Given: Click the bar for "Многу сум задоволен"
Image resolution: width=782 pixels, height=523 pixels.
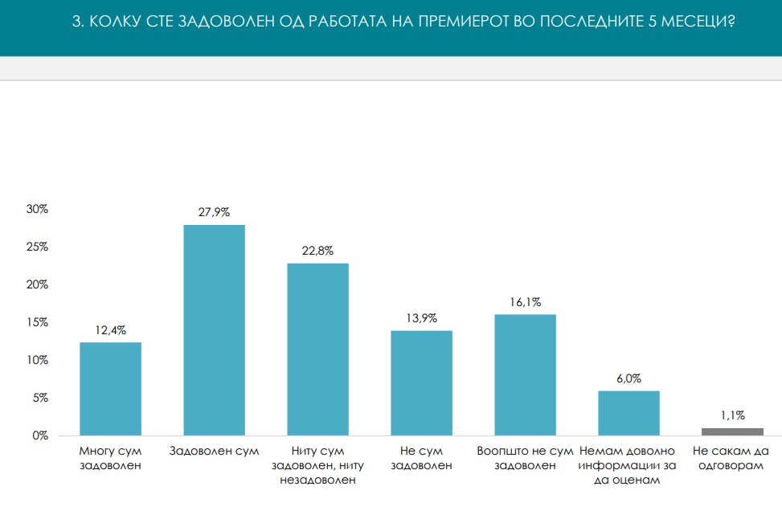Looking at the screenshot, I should click(x=111, y=389).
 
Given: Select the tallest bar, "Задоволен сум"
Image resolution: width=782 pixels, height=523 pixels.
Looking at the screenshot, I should click(x=215, y=330).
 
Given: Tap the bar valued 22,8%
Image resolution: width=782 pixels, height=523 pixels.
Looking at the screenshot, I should click(x=318, y=349).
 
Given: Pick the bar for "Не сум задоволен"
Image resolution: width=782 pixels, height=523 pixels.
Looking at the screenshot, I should click(x=422, y=383).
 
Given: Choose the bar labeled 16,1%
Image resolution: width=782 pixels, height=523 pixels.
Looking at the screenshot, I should click(x=526, y=374).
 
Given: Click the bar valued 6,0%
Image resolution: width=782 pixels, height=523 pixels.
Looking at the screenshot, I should click(x=628, y=413).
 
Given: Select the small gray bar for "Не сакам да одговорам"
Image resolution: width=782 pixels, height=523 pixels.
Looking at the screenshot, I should click(x=732, y=431).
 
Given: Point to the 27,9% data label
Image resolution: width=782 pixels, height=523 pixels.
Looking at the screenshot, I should click(x=215, y=212).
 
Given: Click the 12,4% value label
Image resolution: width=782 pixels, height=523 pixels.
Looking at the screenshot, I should click(x=111, y=329).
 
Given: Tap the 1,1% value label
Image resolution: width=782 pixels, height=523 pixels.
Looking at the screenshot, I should click(x=732, y=415).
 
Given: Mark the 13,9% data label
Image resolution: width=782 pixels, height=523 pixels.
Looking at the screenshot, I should click(x=422, y=318).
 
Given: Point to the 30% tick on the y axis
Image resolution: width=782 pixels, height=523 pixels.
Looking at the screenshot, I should click(x=38, y=209).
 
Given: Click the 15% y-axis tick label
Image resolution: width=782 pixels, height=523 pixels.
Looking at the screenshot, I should click(x=38, y=322).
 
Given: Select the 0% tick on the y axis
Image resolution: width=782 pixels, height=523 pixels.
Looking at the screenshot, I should click(x=40, y=435).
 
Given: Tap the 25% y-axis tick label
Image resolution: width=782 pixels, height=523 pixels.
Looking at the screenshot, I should click(x=38, y=247).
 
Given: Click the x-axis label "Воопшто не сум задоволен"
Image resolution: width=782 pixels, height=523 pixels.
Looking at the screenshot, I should click(x=526, y=457).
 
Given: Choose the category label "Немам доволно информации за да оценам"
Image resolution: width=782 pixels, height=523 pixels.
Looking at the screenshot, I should click(x=628, y=465).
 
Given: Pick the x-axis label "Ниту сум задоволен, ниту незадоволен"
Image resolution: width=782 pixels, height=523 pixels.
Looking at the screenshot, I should click(x=318, y=465).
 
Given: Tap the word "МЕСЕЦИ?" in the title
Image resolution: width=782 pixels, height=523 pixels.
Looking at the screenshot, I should click(x=705, y=22).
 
